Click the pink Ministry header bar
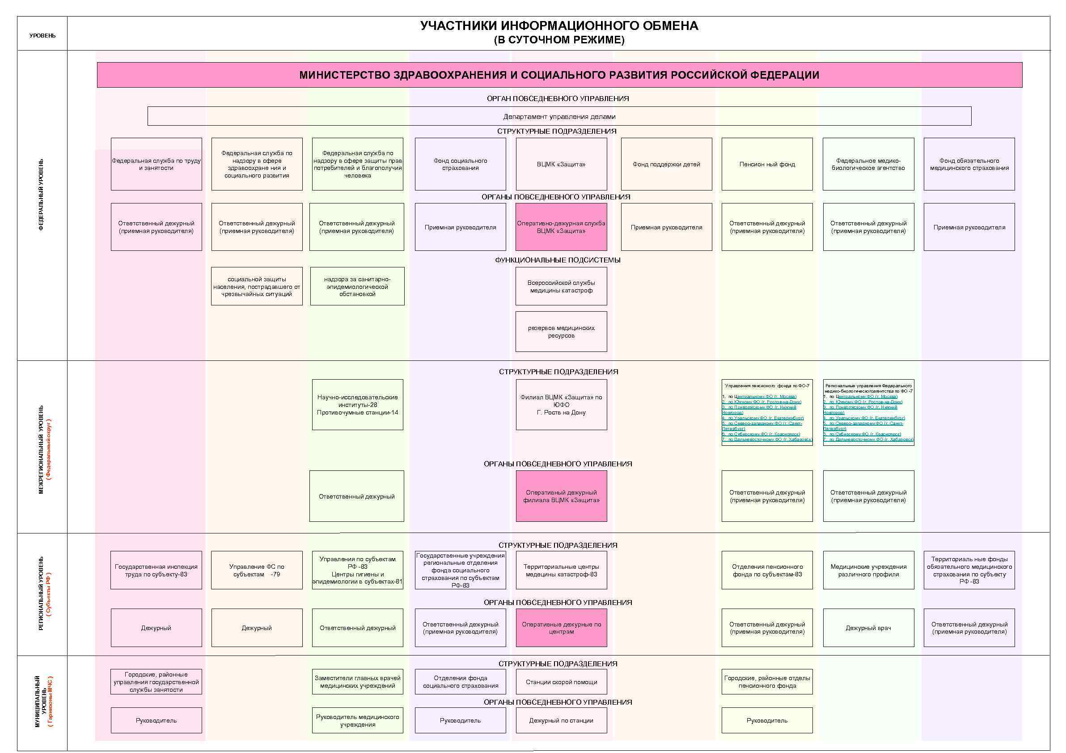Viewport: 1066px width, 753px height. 559,75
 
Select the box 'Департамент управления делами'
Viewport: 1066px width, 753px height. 559,116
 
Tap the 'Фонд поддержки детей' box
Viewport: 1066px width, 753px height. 666,164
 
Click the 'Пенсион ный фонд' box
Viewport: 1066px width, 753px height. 766,164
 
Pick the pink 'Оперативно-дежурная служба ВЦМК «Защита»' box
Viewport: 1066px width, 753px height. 561,227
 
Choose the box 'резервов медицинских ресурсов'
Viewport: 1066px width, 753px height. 561,331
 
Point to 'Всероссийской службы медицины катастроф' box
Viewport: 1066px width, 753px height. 561,287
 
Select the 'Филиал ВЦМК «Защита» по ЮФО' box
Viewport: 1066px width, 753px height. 561,404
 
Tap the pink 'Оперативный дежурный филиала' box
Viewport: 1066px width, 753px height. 561,496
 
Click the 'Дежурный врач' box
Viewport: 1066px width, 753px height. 868,628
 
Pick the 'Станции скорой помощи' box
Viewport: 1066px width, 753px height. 561,681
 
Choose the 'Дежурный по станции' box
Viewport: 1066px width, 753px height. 561,720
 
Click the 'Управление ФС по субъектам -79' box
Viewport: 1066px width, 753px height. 256,570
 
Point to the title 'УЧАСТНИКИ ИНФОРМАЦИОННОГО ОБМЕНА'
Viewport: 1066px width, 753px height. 559,26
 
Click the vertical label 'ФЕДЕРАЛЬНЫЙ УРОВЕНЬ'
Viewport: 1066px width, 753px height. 41,195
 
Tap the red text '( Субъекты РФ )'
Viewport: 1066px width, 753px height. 49,594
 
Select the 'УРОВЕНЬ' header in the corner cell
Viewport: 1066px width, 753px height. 42,36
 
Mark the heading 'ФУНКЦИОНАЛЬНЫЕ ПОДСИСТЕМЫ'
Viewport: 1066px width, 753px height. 557,260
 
